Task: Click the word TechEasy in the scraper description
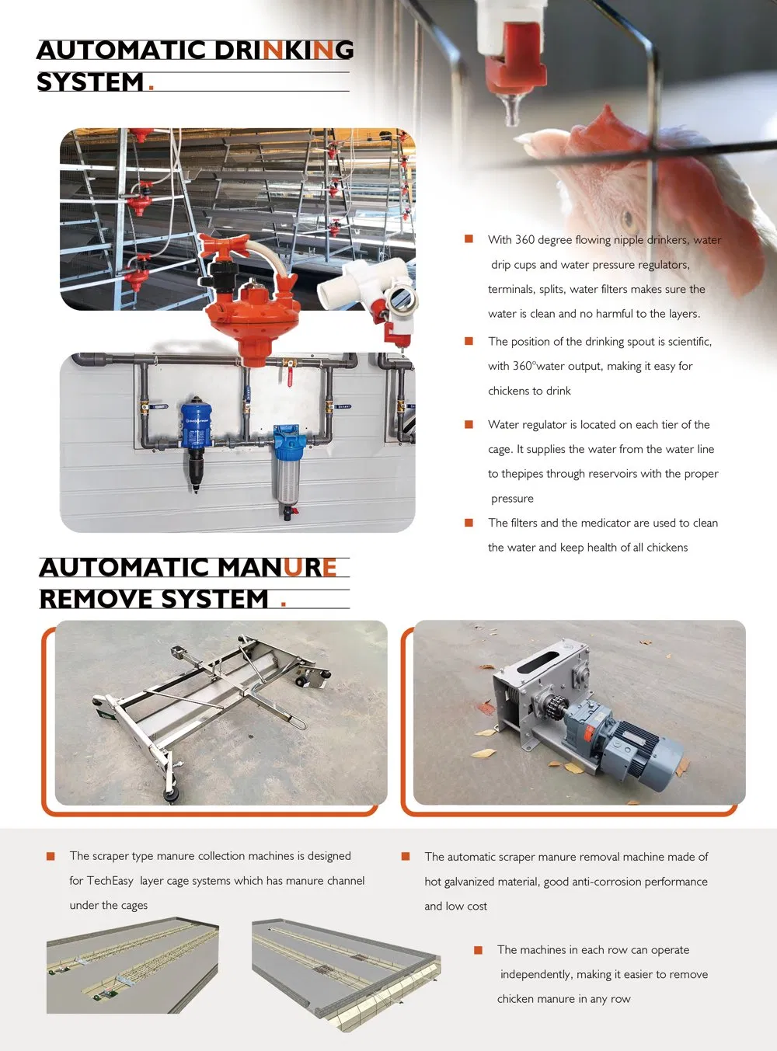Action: [x=110, y=881]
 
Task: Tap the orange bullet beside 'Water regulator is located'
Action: [x=469, y=424]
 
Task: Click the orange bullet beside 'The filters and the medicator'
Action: [x=469, y=523]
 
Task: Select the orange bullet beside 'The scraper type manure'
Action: [x=51, y=856]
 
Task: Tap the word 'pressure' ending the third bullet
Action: [x=512, y=499]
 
